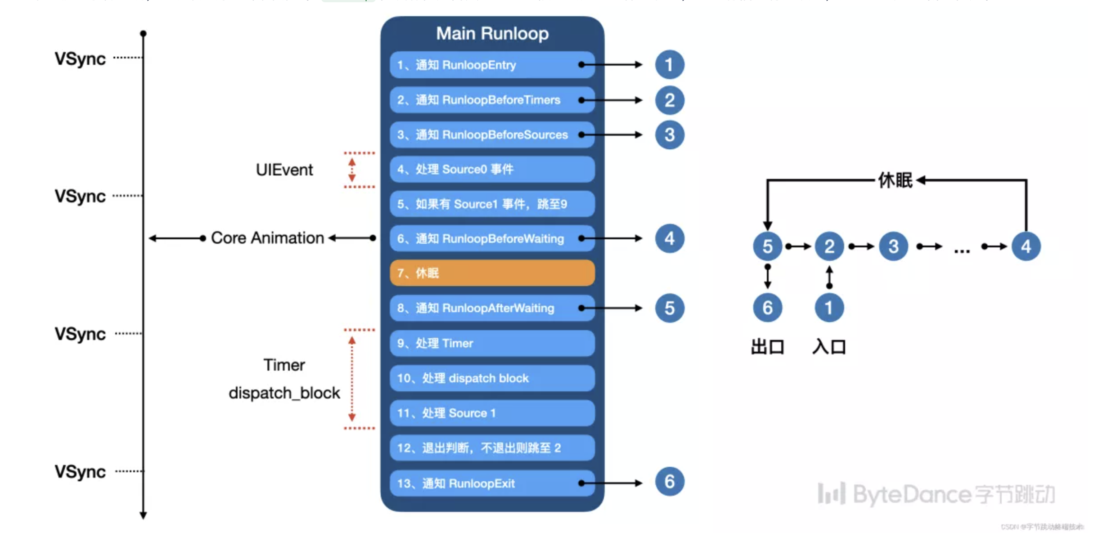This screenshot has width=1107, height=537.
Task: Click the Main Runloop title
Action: [492, 34]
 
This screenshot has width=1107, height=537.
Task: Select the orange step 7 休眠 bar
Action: [492, 273]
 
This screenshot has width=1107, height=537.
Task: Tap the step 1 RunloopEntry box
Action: [492, 65]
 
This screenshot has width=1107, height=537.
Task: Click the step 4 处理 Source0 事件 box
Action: [492, 169]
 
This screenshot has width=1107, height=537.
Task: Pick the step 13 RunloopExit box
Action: [492, 483]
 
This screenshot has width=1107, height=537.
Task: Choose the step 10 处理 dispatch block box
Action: [492, 378]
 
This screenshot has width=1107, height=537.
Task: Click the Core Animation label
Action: [267, 238]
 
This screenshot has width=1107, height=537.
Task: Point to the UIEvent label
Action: [284, 170]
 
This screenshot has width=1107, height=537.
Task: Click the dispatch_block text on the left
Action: [284, 393]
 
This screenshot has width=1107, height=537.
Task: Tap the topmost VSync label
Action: [80, 59]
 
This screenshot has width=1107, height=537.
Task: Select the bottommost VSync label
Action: [80, 472]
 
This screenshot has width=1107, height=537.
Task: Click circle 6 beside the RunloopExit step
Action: [669, 482]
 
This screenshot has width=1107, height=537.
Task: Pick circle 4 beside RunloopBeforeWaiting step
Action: [669, 238]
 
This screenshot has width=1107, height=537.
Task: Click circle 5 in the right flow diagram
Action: [767, 246]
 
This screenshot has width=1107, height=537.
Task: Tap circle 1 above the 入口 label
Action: [829, 308]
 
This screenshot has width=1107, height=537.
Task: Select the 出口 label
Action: [767, 347]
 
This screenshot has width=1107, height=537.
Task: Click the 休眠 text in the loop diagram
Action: [895, 180]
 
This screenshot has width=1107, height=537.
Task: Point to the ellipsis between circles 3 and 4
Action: [962, 250]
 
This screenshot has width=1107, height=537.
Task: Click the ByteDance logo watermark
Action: [936, 494]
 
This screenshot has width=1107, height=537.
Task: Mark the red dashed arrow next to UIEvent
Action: [352, 170]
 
